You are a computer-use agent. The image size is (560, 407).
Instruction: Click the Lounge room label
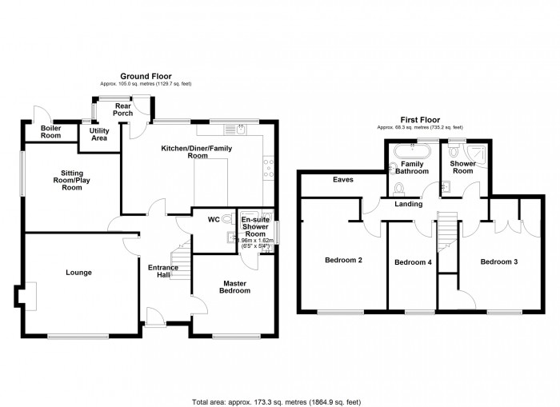(78, 273)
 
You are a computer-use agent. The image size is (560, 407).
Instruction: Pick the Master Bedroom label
(236, 286)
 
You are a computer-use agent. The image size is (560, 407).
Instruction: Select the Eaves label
(344, 180)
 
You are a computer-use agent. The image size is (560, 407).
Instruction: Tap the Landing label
(407, 205)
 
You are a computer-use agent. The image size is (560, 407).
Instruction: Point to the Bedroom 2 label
(344, 260)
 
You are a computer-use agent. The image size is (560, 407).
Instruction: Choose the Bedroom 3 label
(499, 261)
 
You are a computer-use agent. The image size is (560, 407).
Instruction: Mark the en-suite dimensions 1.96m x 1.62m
(254, 242)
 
